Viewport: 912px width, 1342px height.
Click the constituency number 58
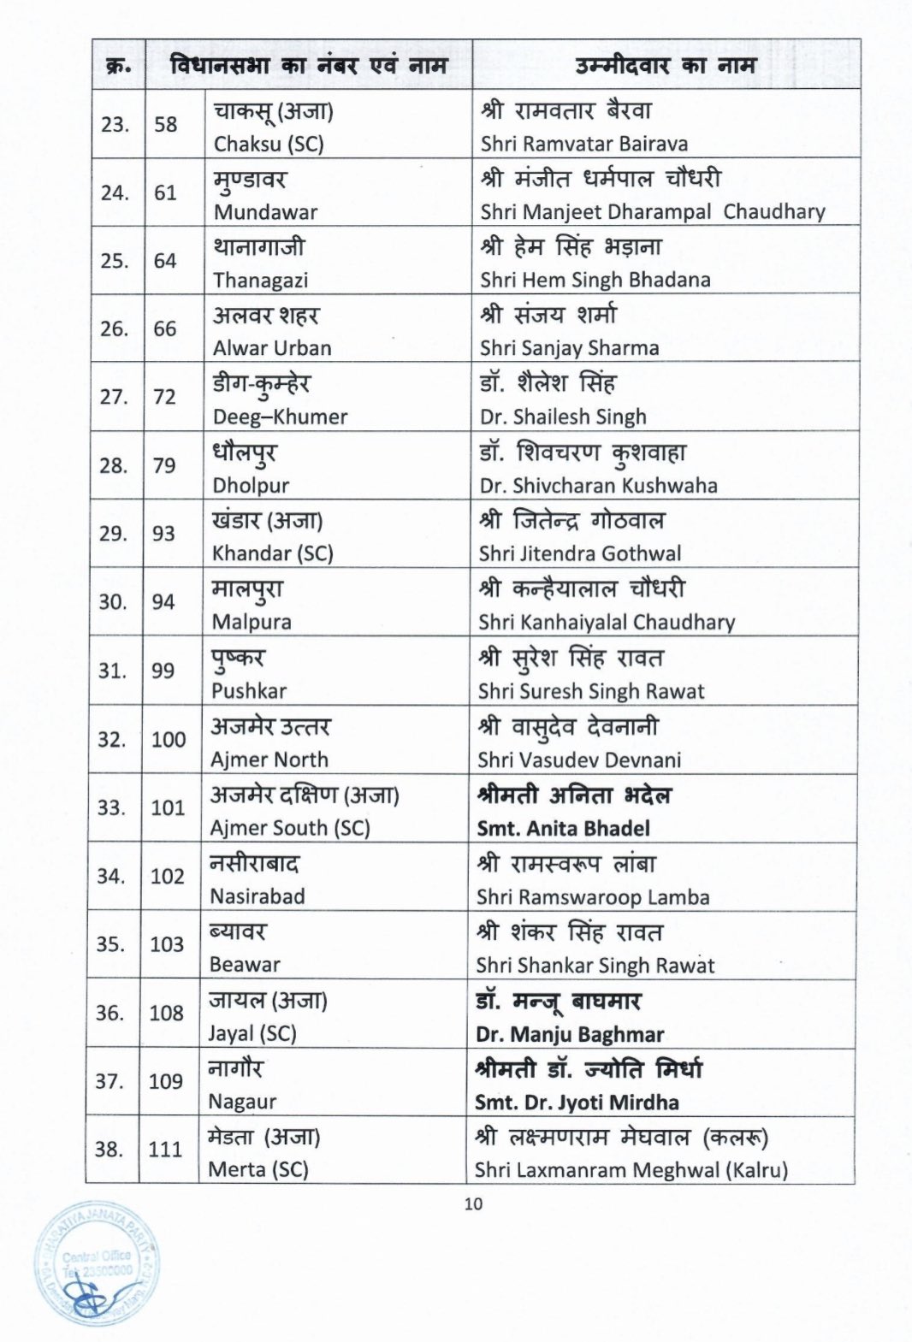coord(166,125)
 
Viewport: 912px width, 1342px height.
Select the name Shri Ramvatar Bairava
coord(583,144)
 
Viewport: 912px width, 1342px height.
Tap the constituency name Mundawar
coord(265,212)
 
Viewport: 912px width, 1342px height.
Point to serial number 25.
coord(115,261)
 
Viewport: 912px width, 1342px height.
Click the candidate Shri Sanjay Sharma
coord(569,348)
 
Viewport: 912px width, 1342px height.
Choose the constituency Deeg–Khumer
coord(280,417)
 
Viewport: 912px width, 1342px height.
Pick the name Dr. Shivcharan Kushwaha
coord(598,485)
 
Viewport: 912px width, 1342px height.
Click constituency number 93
coord(163,534)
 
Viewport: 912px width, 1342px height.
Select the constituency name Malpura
coord(252,622)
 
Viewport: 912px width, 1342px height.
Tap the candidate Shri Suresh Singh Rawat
coord(591,691)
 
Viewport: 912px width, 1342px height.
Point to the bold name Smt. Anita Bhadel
coord(563,828)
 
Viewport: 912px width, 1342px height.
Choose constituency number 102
coord(167,876)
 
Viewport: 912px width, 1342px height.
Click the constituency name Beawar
coord(245,965)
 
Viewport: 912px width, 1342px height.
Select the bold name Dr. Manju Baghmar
coord(570,1034)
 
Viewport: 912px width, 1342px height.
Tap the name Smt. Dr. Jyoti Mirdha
coord(577,1103)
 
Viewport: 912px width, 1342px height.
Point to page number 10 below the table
coord(473,1204)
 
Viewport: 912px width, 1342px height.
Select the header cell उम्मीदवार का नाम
coord(665,65)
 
